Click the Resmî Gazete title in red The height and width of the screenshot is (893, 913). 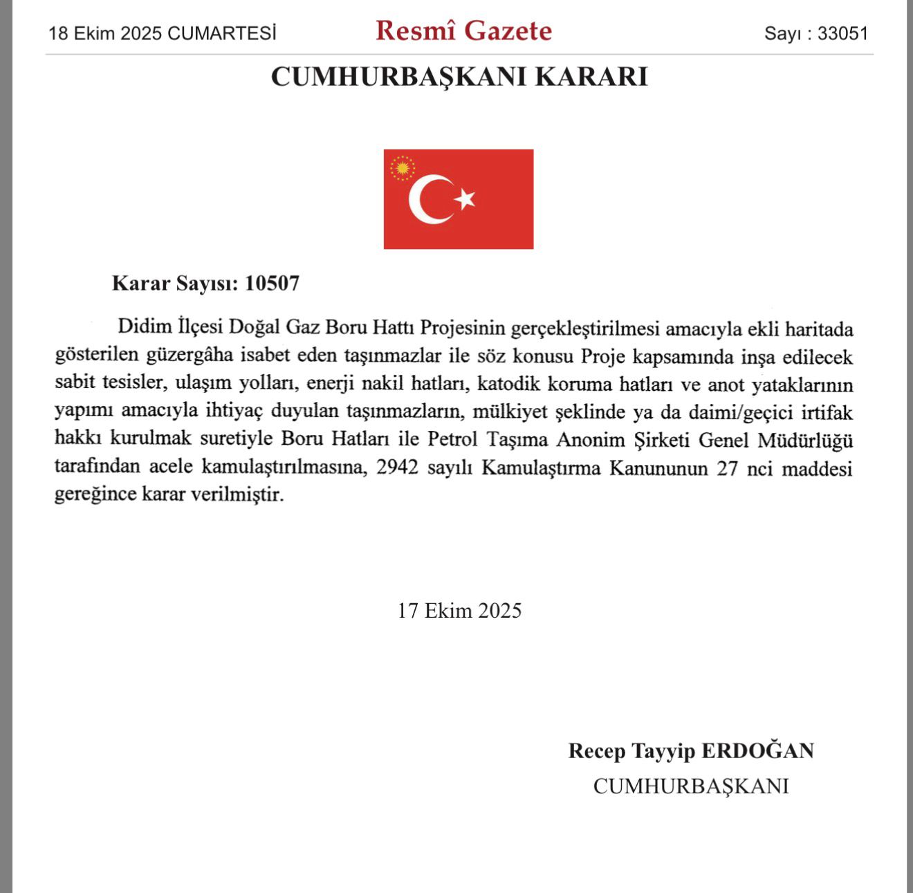[x=463, y=31]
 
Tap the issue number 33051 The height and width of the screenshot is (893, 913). [x=842, y=33]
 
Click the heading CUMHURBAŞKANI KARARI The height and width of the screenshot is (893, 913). [x=459, y=77]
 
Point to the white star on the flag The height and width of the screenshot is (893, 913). [x=465, y=199]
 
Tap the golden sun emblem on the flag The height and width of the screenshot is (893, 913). [x=402, y=168]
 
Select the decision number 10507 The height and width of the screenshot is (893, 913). [x=272, y=283]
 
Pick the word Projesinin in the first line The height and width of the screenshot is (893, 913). [x=466, y=327]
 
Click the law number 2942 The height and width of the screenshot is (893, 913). [x=397, y=468]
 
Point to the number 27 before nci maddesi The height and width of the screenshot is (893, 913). [x=727, y=468]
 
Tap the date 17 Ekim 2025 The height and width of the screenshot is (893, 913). [x=459, y=611]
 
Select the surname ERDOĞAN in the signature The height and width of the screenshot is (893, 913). [x=757, y=751]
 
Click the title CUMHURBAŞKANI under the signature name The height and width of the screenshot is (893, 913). [x=690, y=786]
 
